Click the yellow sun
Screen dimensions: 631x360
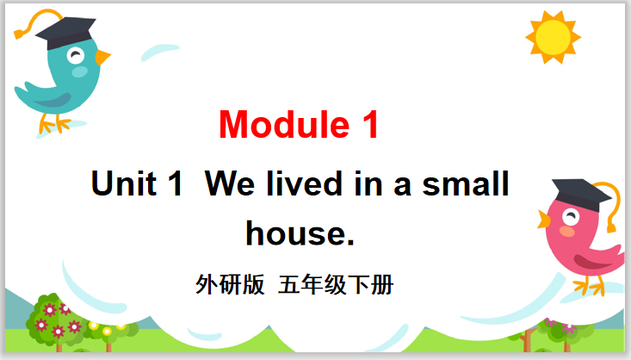[x=554, y=37]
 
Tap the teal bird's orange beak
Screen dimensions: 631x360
[x=102, y=57]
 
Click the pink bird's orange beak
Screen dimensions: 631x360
[x=544, y=220]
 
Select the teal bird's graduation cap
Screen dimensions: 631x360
[x=65, y=32]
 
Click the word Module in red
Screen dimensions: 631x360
[x=284, y=124]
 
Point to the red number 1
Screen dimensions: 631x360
[x=371, y=124]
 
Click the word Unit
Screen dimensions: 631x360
[x=124, y=183]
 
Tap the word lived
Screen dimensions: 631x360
[x=304, y=183]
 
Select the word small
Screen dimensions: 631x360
[x=466, y=183]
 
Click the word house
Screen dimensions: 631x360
[x=300, y=233]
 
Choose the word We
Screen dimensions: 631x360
[x=230, y=183]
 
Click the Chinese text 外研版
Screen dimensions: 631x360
[x=230, y=285]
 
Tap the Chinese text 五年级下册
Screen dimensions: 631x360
[x=336, y=285]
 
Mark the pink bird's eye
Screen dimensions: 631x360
[x=571, y=217]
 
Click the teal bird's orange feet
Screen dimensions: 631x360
[x=55, y=124]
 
